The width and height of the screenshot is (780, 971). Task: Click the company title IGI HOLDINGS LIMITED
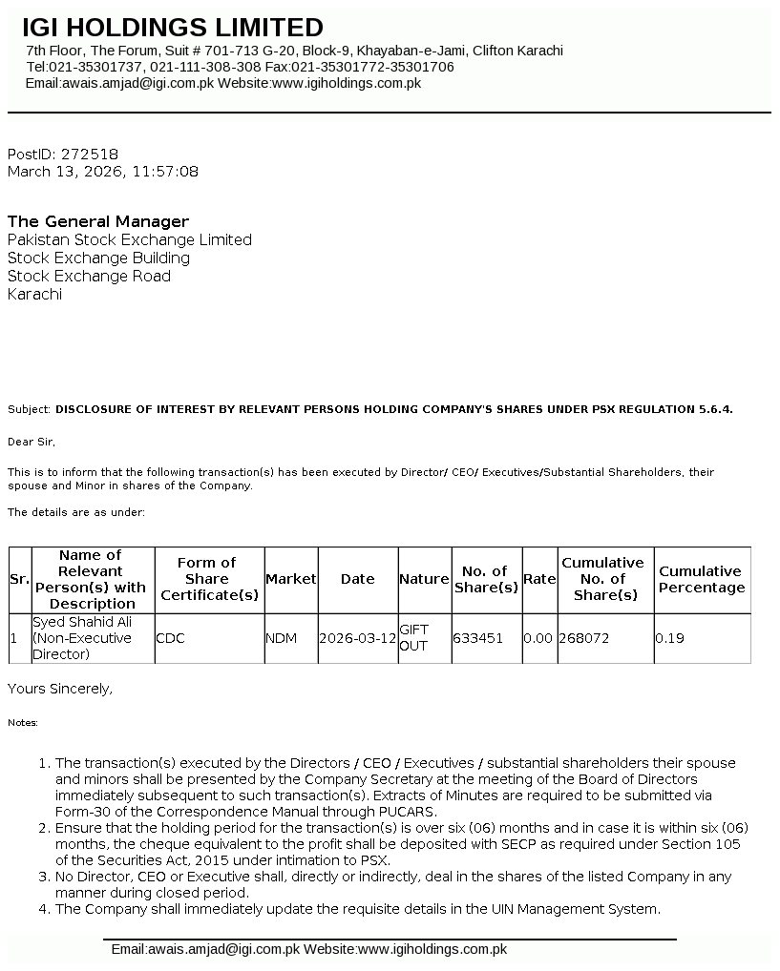[173, 28]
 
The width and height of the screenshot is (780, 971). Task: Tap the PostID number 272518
[90, 154]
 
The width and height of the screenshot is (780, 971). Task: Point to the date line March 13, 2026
[103, 172]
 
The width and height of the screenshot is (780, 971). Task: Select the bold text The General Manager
[98, 221]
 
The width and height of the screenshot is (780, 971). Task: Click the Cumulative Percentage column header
[701, 579]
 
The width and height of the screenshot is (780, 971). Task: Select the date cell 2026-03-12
[357, 638]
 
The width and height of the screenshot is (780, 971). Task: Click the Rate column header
[539, 579]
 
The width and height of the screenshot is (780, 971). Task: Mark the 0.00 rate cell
[538, 638]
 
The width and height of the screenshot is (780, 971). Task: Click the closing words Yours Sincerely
[60, 688]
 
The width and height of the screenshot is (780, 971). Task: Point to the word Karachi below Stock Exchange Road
[34, 294]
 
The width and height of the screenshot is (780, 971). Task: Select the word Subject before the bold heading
[29, 409]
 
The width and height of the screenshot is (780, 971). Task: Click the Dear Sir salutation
[32, 442]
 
